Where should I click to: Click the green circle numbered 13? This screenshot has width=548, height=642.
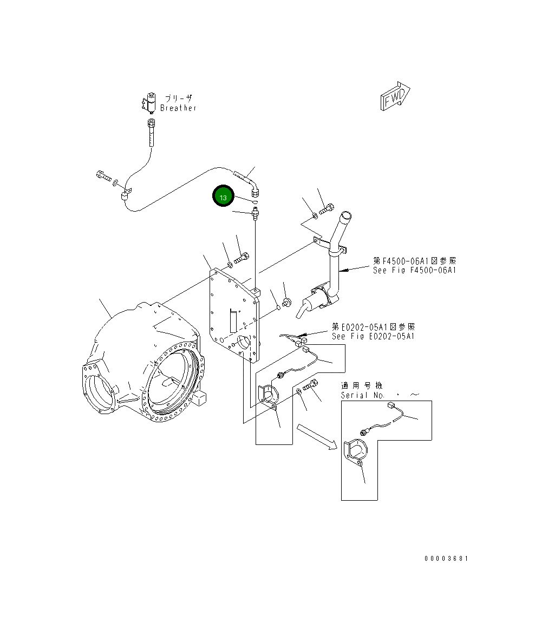223,197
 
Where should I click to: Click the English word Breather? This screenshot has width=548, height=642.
178,108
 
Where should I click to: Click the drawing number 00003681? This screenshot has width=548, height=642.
446,559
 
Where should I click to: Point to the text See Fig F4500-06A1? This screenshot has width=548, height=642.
414,270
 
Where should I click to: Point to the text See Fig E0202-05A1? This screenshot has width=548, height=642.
373,336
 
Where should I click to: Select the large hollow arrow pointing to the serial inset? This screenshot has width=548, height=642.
314,436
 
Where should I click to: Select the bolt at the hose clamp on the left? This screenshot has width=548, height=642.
102,175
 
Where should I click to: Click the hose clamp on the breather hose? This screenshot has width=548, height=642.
127,194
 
